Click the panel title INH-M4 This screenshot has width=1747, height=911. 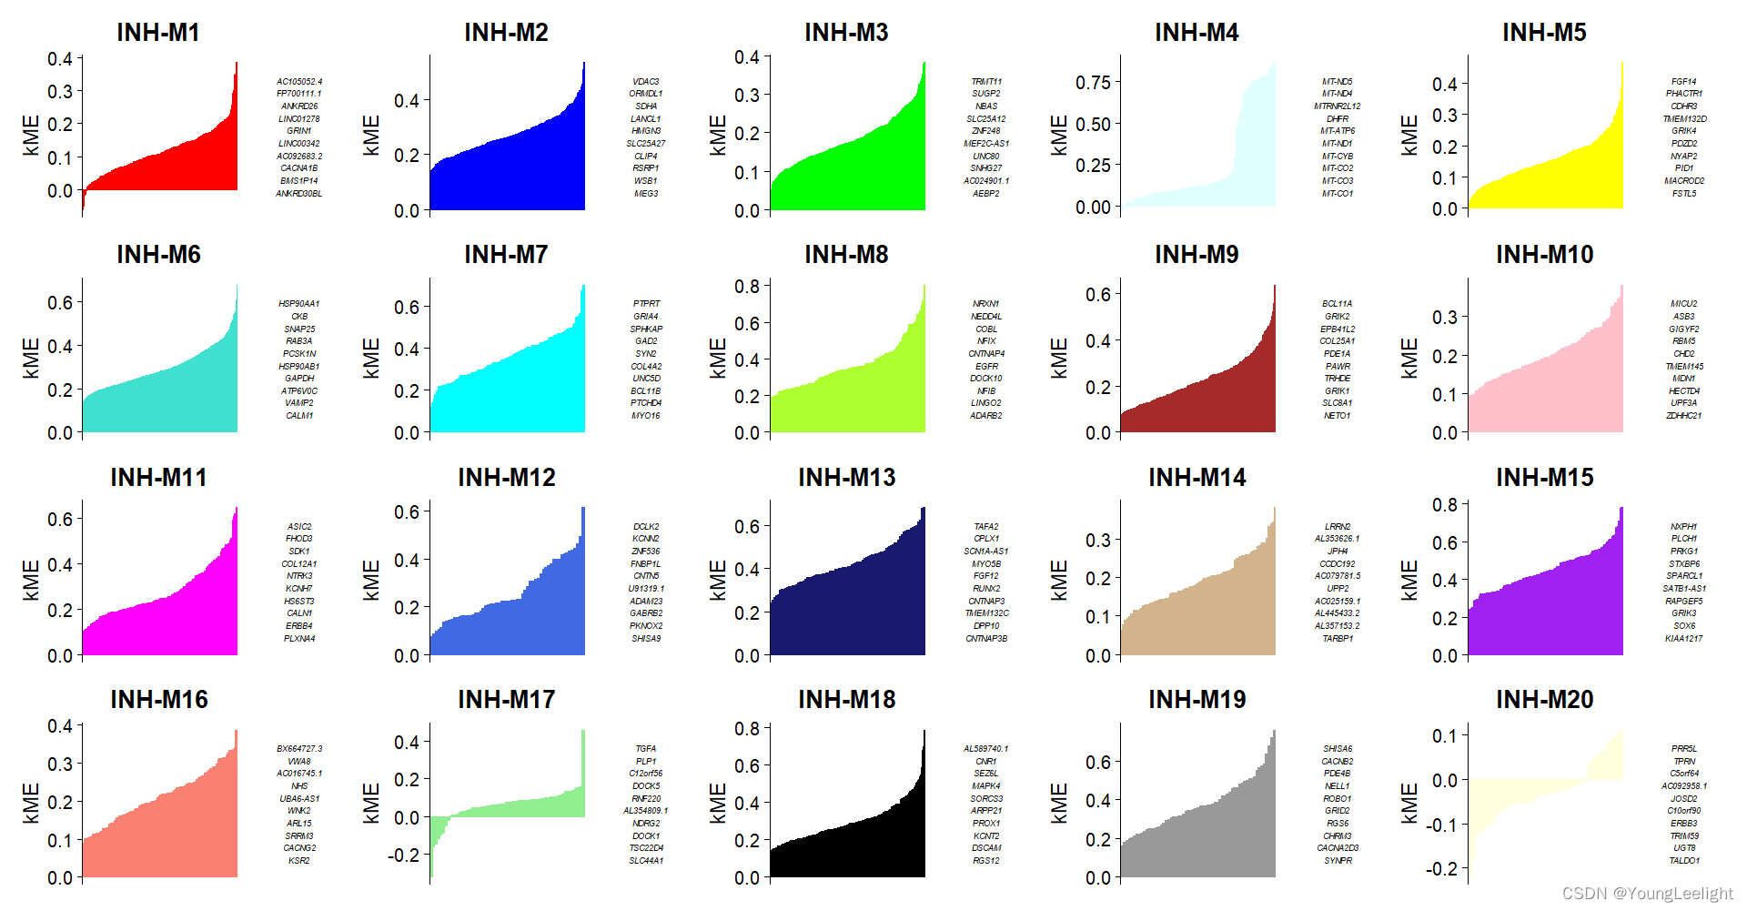(x=1196, y=33)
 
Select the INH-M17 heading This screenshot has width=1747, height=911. (x=506, y=700)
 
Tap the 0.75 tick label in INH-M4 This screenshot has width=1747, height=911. (x=1093, y=83)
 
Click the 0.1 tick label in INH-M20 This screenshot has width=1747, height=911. (x=1445, y=736)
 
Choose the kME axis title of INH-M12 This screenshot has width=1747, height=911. (x=371, y=580)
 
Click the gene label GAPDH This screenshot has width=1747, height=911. (x=299, y=379)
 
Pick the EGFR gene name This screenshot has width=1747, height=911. (x=986, y=367)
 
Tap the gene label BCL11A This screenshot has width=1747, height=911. (x=1337, y=304)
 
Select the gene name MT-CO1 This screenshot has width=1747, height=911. (x=1337, y=194)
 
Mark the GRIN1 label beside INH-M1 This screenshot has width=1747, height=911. (x=299, y=131)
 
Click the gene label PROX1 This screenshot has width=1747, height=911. (x=986, y=824)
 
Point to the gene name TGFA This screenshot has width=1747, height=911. (x=646, y=749)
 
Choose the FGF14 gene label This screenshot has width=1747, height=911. (x=1683, y=82)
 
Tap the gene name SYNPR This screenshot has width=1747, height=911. (x=1337, y=861)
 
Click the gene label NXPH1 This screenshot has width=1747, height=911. (x=1683, y=527)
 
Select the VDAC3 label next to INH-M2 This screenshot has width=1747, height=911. (x=646, y=82)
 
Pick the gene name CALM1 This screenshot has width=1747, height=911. (x=299, y=416)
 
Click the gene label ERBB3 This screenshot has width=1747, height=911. (x=1683, y=824)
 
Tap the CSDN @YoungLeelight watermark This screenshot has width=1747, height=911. (x=1647, y=894)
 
